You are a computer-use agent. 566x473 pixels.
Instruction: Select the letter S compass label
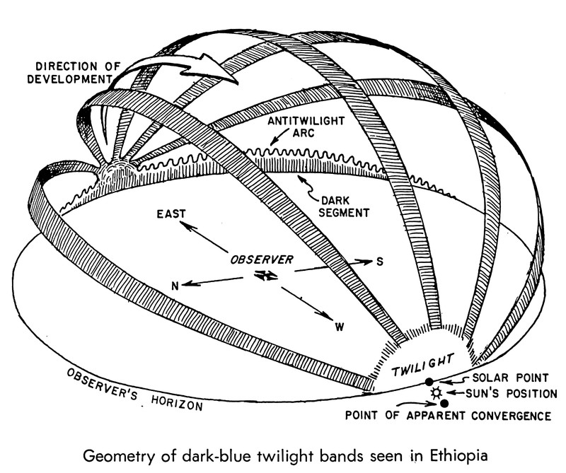click(x=380, y=262)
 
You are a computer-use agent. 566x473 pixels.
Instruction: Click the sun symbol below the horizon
click(x=436, y=392)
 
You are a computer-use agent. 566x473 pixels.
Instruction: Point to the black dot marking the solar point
click(x=428, y=382)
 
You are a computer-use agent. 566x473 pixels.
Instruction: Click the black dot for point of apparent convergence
click(x=444, y=402)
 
